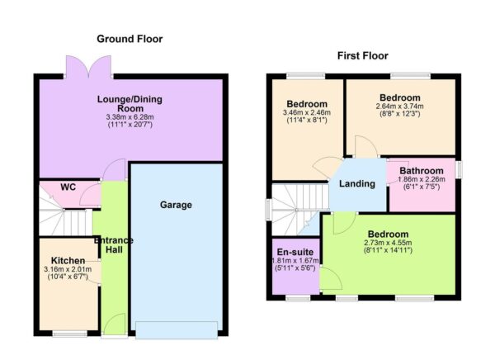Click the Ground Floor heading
click(x=130, y=39)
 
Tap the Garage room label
click(x=177, y=205)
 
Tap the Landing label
click(x=357, y=183)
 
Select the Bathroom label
click(x=422, y=171)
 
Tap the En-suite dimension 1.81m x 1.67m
click(x=295, y=263)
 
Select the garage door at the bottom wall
click(x=177, y=329)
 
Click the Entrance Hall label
click(x=114, y=245)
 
